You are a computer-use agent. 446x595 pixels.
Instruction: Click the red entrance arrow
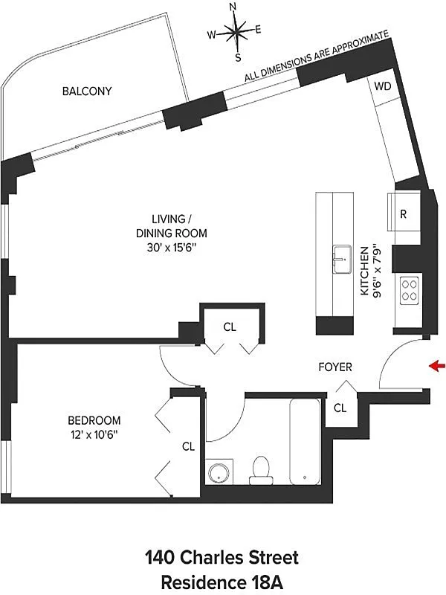(436, 366)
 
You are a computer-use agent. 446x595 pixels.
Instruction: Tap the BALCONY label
(87, 91)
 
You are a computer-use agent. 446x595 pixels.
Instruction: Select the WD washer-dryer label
(382, 86)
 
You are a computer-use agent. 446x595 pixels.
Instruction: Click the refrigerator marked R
(404, 212)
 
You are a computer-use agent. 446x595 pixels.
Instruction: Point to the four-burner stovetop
(410, 290)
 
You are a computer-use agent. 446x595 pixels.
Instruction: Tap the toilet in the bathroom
(261, 471)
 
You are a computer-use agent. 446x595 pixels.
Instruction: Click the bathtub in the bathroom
(305, 441)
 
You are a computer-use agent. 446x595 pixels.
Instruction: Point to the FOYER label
(335, 367)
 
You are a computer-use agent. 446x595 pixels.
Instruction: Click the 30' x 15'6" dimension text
(172, 248)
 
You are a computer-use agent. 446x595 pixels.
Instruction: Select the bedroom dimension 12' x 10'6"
(94, 434)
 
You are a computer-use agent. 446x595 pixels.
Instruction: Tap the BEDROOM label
(94, 420)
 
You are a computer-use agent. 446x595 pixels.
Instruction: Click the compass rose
(235, 32)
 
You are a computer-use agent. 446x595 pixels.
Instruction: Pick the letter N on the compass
(233, 7)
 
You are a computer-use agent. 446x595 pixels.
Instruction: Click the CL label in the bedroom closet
(189, 447)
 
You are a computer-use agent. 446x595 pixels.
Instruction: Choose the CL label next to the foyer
(340, 408)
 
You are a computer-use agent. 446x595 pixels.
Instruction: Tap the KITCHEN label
(364, 271)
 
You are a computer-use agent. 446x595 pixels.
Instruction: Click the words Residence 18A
(222, 582)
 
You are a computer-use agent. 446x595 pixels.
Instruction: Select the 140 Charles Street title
(222, 558)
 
